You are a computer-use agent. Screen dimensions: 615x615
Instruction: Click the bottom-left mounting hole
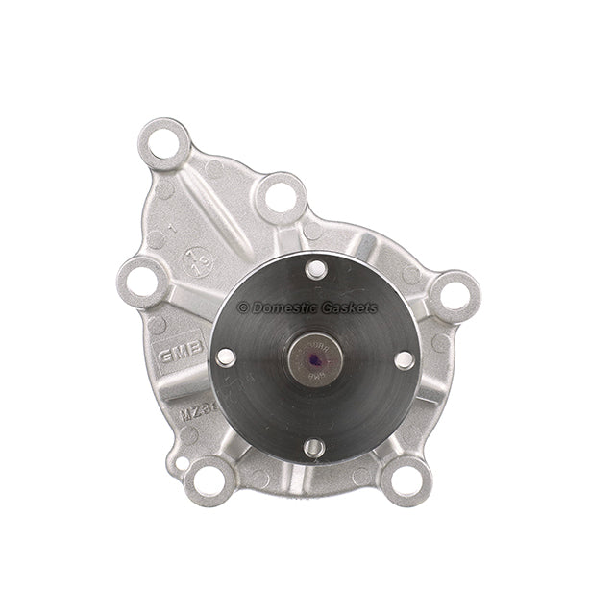point(210,478)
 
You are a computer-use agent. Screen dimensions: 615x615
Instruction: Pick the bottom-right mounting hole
point(405,478)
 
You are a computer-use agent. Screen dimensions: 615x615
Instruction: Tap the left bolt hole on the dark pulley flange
point(226,357)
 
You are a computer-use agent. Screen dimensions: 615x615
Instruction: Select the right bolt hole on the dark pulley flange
point(404,359)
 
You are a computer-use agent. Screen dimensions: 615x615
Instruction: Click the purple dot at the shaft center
point(315,361)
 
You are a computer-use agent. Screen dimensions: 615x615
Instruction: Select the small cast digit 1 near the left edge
point(170,231)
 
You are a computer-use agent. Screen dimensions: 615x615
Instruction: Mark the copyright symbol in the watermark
point(243,307)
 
